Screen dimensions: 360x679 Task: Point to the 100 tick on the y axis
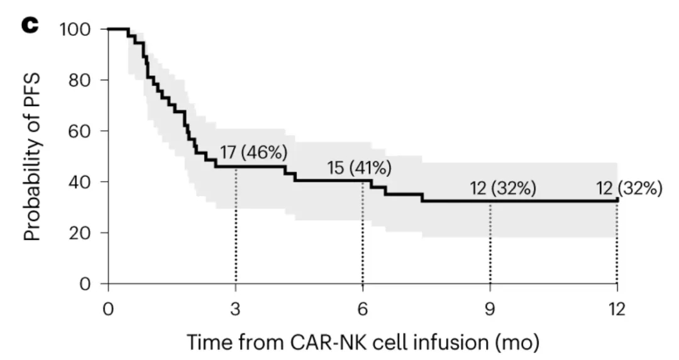point(78,30)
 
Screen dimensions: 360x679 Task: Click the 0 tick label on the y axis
point(87,284)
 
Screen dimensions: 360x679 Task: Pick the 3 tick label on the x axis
point(236,308)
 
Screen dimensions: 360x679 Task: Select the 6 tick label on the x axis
point(363,308)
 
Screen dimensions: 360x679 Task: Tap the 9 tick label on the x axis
point(490,308)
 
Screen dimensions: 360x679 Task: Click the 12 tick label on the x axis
point(617,308)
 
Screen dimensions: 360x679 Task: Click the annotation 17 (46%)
point(253,152)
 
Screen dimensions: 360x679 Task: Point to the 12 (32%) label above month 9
point(503,188)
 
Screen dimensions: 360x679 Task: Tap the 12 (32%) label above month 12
point(629,188)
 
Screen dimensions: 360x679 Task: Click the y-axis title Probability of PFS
point(33,156)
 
